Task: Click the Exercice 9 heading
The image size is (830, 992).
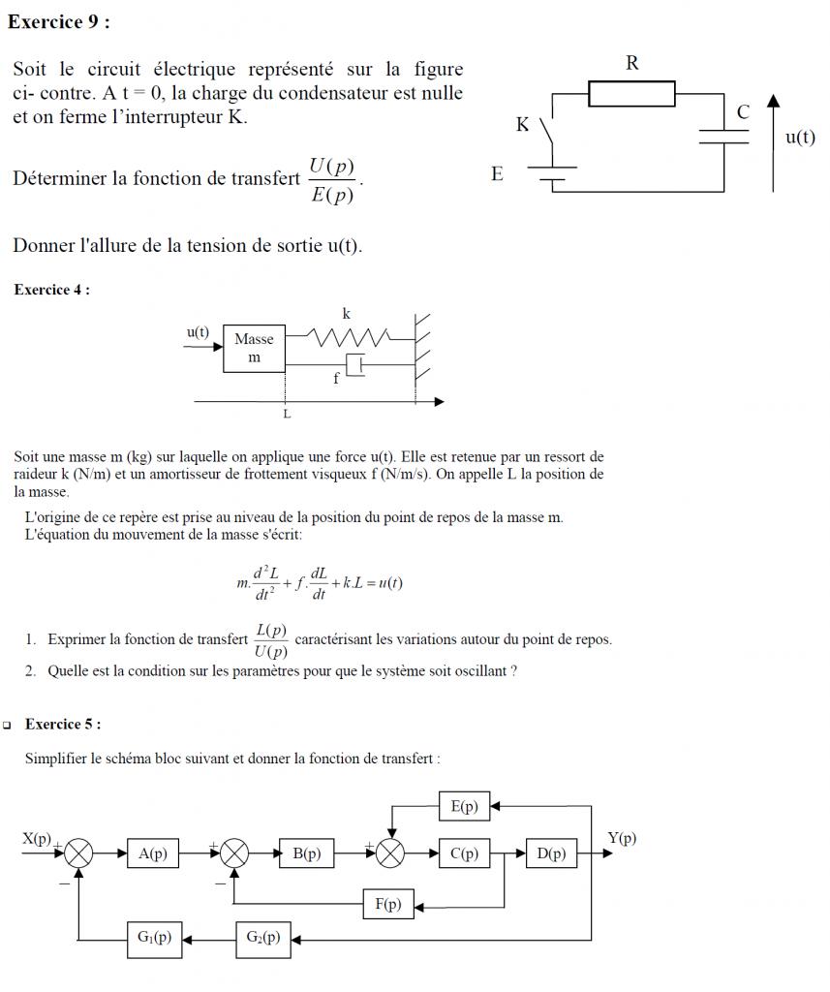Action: coord(58,22)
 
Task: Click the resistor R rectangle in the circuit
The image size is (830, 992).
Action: coord(631,94)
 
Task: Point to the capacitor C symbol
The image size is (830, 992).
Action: coord(724,134)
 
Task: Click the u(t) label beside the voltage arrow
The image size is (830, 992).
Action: coord(799,137)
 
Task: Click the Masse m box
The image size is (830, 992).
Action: coord(255,349)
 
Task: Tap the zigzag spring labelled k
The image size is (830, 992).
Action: coord(349,336)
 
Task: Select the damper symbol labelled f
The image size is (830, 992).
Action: coord(354,366)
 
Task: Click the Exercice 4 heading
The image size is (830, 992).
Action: coord(52,290)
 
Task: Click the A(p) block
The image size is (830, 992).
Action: coord(153,853)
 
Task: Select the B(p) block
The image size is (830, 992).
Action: coord(306,853)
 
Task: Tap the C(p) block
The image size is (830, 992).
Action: coord(464,853)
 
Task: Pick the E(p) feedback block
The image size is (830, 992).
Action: coord(464,806)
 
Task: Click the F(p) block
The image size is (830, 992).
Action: coord(387,904)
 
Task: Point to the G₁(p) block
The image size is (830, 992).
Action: coord(154,938)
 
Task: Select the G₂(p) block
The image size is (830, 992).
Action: coord(262,938)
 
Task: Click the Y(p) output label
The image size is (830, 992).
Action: coord(622,838)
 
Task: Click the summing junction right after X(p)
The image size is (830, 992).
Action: coord(79,853)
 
